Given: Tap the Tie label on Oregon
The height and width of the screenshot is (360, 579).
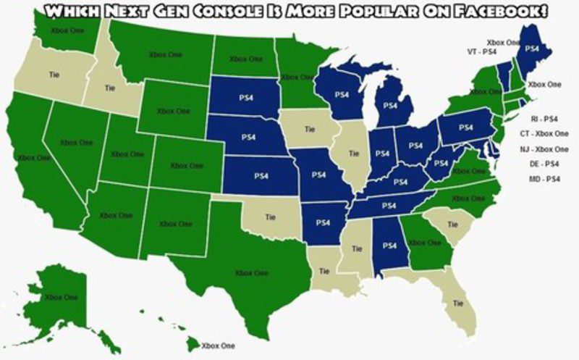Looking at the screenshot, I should pos(54,74).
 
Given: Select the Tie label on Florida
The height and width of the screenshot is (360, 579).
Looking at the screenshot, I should pos(457,304).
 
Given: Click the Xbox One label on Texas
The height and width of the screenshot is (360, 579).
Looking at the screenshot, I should pos(250,273).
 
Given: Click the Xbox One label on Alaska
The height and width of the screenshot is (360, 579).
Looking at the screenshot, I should pos(60,297).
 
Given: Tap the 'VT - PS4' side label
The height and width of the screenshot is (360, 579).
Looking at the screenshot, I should pos(481,52).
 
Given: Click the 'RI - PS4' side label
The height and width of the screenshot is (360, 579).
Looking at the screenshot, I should pos(544,118).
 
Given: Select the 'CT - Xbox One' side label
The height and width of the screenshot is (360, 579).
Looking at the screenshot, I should pos(544,133).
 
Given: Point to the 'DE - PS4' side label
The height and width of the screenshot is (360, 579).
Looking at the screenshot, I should pos(544,164).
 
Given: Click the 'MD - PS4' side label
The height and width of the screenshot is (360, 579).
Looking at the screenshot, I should pos(544,178).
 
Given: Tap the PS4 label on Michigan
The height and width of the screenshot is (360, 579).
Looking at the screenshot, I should pos(390,104).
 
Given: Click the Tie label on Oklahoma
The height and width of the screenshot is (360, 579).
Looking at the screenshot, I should pos(271,216).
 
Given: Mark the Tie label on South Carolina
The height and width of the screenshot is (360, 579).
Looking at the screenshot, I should pos(453,225).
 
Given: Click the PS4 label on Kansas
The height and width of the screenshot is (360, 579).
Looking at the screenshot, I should pos(261,175).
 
